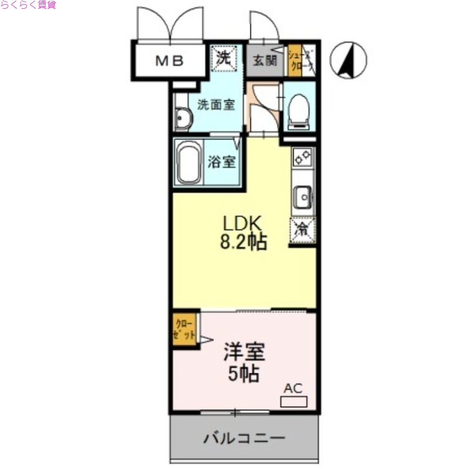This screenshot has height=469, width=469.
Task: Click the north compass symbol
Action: pyautogui.click(x=348, y=60)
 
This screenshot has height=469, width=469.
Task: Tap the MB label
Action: pyautogui.click(x=169, y=60)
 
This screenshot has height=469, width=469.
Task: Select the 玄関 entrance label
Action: pyautogui.click(x=265, y=60)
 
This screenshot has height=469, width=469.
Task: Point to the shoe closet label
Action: pyautogui.click(x=301, y=59)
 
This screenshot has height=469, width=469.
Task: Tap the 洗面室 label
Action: pyautogui.click(x=216, y=106)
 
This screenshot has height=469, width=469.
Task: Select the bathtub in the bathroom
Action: pyautogui.click(x=189, y=163)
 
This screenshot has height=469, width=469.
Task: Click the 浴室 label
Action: pyautogui.click(x=222, y=162)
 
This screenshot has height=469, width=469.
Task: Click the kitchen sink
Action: pyautogui.click(x=303, y=197)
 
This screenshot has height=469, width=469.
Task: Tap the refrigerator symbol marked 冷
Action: pyautogui.click(x=303, y=229)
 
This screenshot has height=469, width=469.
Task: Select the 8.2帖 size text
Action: pyautogui.click(x=244, y=242)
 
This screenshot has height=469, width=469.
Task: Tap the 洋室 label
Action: pyautogui.click(x=244, y=352)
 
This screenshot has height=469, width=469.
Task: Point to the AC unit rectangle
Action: pyautogui.click(x=293, y=402)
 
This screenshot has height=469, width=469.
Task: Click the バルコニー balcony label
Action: pyautogui.click(x=244, y=438)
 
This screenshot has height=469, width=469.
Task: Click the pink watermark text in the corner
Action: pyautogui.click(x=28, y=5)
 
